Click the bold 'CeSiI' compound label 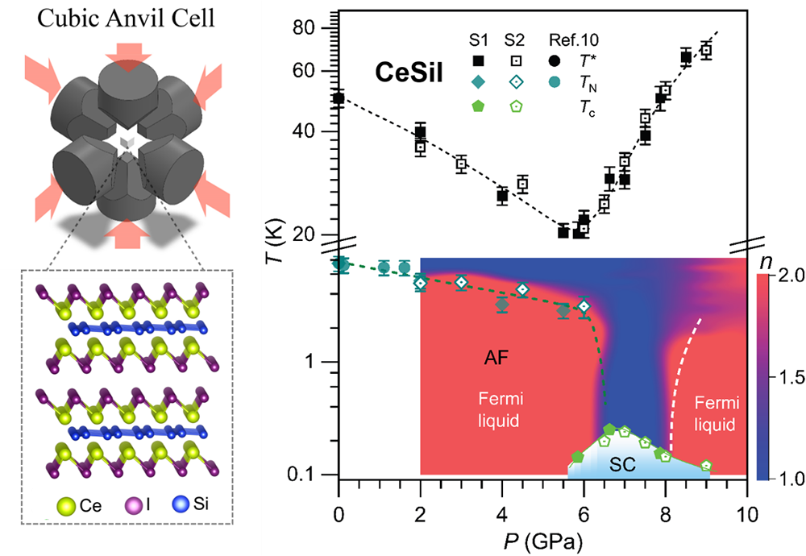[x=409, y=73]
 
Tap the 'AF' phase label [x=496, y=358]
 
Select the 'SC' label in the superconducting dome [x=622, y=464]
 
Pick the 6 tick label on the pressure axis [x=584, y=514]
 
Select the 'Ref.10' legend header [x=574, y=40]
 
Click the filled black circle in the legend [x=555, y=60]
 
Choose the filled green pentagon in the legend [x=479, y=106]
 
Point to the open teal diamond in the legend [x=516, y=81]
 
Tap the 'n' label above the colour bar [x=766, y=262]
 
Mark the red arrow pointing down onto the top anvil [x=126, y=57]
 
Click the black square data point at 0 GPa [x=339, y=98]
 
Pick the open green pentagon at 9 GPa [x=706, y=466]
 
